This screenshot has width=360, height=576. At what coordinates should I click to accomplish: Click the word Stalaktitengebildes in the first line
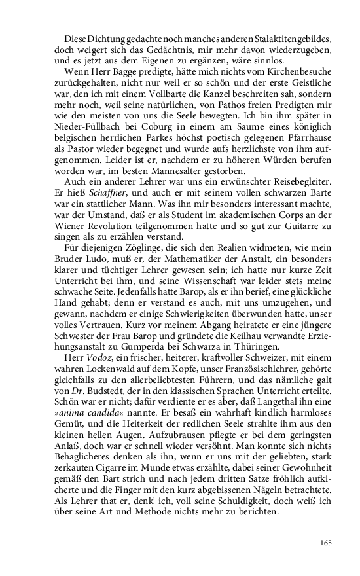293,39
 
